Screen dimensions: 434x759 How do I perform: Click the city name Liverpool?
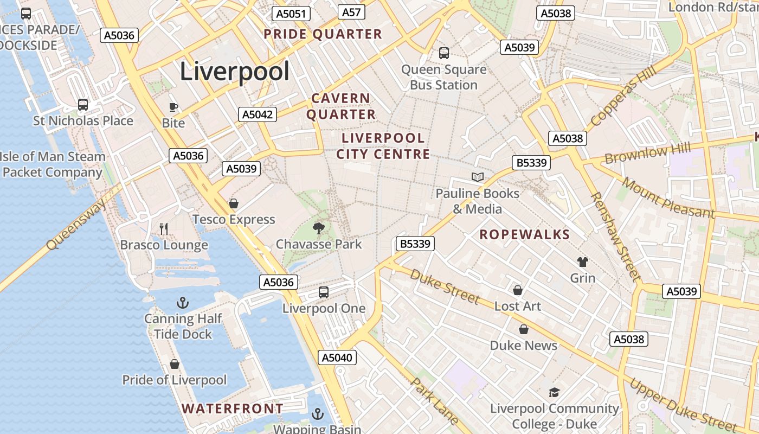pyautogui.click(x=234, y=72)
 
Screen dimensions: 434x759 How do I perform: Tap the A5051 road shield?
pyautogui.click(x=291, y=14)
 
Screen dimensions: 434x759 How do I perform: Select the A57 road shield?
pyautogui.click(x=351, y=12)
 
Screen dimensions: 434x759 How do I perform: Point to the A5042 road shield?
pyautogui.click(x=258, y=114)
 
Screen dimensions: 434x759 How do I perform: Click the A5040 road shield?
pyautogui.click(x=337, y=358)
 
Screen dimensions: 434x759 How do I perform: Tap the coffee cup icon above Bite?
pyautogui.click(x=173, y=107)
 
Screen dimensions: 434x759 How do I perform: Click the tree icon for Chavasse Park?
pyautogui.click(x=319, y=228)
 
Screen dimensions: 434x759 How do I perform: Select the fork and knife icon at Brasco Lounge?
pyautogui.click(x=164, y=229)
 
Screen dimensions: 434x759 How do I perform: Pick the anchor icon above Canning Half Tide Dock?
pyautogui.click(x=183, y=303)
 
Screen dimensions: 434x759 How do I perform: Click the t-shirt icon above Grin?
pyautogui.click(x=583, y=262)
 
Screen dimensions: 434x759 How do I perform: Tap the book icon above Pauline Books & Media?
pyautogui.click(x=478, y=177)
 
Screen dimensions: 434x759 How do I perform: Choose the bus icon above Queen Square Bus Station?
pyautogui.click(x=444, y=53)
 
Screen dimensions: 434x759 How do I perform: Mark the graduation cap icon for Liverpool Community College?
pyautogui.click(x=554, y=392)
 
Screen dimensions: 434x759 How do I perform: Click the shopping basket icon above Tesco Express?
pyautogui.click(x=234, y=203)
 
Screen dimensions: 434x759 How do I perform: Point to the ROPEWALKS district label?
pyautogui.click(x=525, y=235)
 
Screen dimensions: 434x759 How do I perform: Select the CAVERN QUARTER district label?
pyautogui.click(x=341, y=106)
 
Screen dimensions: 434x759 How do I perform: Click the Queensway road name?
pyautogui.click(x=76, y=224)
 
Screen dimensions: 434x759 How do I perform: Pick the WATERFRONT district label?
pyautogui.click(x=232, y=409)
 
